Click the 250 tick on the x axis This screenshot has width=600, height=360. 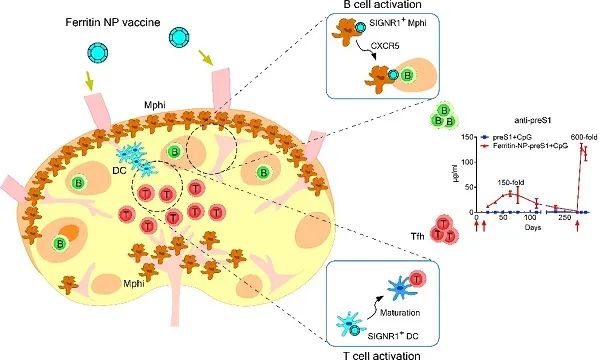(x=564, y=220)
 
